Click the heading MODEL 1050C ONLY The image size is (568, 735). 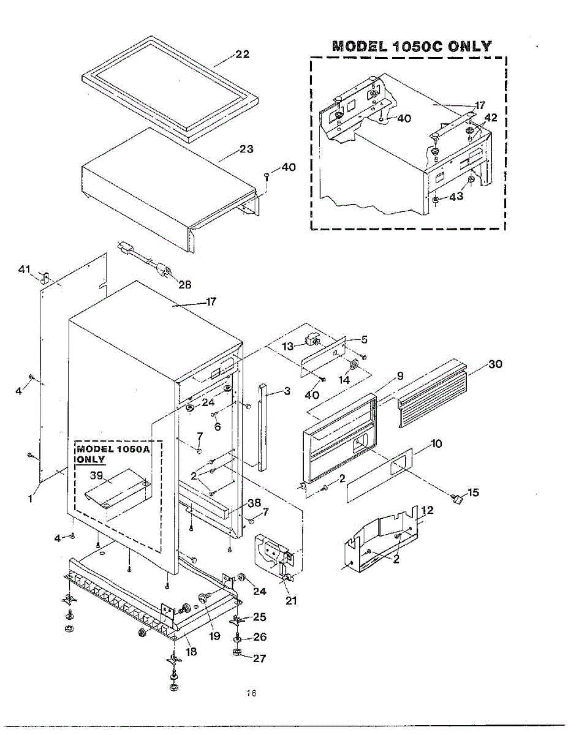pyautogui.click(x=411, y=47)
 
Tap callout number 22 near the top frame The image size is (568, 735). pyautogui.click(x=243, y=55)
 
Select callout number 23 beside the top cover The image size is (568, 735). pyautogui.click(x=246, y=149)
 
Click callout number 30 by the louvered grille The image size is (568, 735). pyautogui.click(x=495, y=364)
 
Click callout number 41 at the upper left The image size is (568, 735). pyautogui.click(x=24, y=269)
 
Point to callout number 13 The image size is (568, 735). pyautogui.click(x=288, y=346)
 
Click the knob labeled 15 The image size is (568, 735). pyautogui.click(x=456, y=500)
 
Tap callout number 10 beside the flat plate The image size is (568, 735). pyautogui.click(x=436, y=443)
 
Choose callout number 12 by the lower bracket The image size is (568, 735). pyautogui.click(x=428, y=510)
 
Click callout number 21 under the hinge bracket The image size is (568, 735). pyautogui.click(x=292, y=601)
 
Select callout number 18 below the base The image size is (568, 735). pyautogui.click(x=192, y=652)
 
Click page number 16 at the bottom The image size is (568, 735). pyautogui.click(x=251, y=693)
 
